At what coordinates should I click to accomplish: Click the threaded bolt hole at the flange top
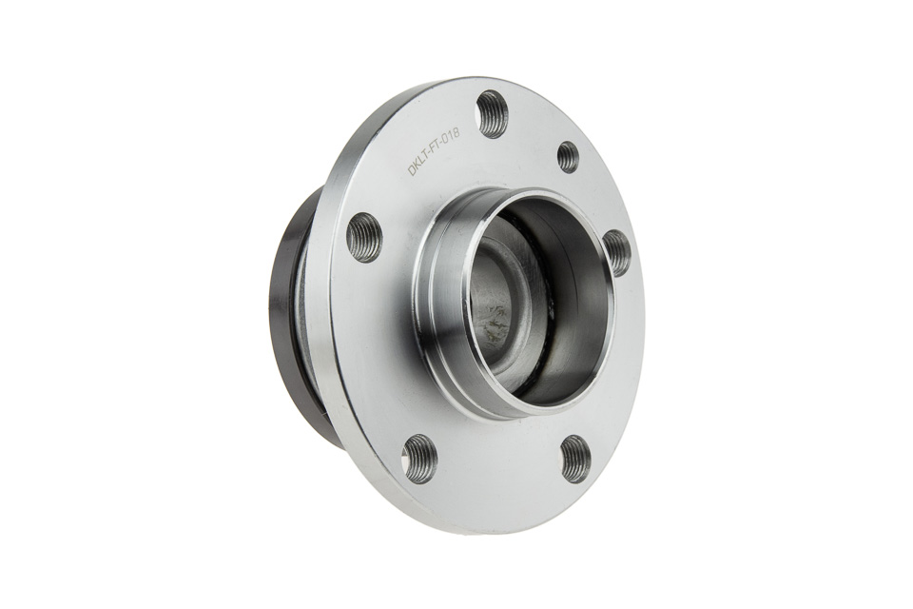coord(492,114)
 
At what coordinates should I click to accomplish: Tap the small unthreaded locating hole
coord(568,156)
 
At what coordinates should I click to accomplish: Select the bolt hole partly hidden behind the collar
coord(616,252)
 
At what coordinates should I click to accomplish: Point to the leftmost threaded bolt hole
coord(364,238)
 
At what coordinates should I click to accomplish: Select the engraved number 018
coord(451,137)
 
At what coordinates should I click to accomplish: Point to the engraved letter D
coord(412,170)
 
